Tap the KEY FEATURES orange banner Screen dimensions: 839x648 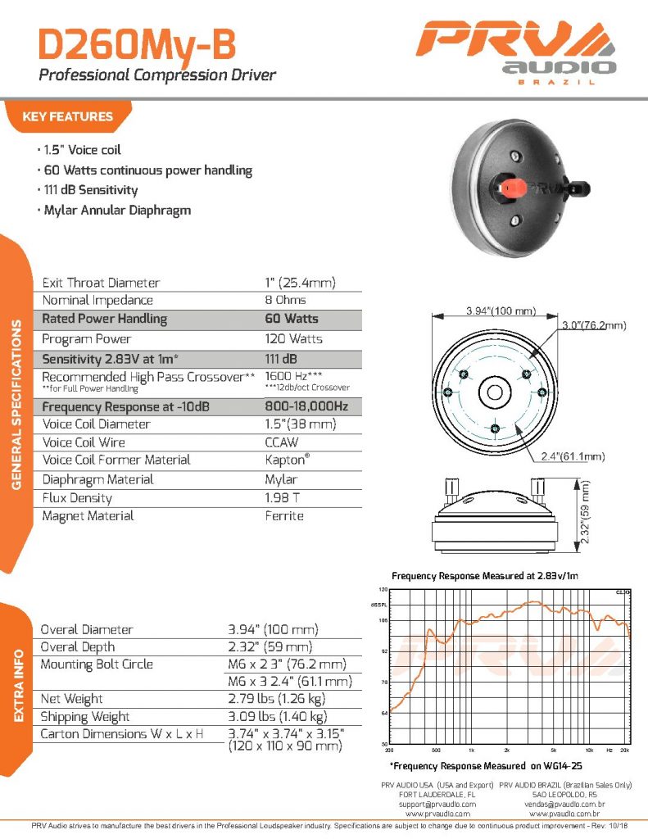click(x=67, y=116)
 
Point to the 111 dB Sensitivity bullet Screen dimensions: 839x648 click(x=89, y=190)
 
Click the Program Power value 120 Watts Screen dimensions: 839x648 click(x=293, y=338)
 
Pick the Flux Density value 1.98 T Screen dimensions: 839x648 click(x=281, y=498)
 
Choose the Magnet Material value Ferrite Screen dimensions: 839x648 click(x=284, y=516)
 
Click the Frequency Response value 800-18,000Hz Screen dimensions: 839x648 click(x=306, y=406)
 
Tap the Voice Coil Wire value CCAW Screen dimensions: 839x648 click(x=281, y=442)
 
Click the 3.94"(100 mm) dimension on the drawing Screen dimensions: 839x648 click(x=501, y=311)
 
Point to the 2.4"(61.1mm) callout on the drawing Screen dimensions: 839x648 click(x=573, y=456)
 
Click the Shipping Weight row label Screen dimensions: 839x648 click(x=84, y=717)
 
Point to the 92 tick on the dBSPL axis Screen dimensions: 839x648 click(x=383, y=651)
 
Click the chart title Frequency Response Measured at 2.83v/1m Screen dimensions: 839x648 click(x=485, y=576)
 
